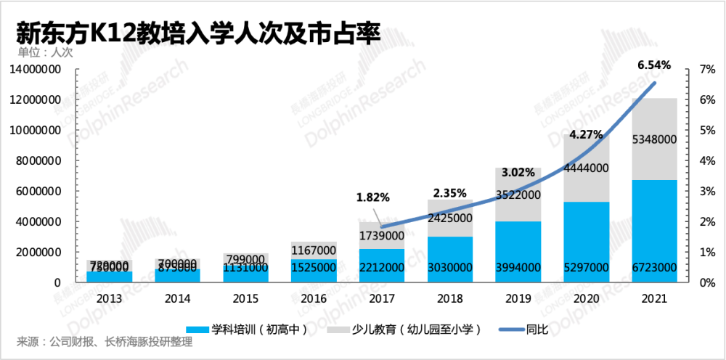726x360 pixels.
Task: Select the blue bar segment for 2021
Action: (x=655, y=225)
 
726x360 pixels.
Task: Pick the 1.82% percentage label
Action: (x=372, y=197)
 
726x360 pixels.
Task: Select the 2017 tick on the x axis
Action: (x=382, y=298)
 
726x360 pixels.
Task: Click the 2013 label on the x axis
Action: (x=109, y=298)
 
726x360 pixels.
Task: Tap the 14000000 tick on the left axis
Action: (x=44, y=69)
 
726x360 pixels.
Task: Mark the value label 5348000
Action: (x=655, y=139)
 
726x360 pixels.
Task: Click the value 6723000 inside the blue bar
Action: (x=655, y=269)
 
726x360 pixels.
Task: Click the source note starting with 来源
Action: (x=105, y=343)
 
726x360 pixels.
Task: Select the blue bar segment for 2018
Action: (x=450, y=250)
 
